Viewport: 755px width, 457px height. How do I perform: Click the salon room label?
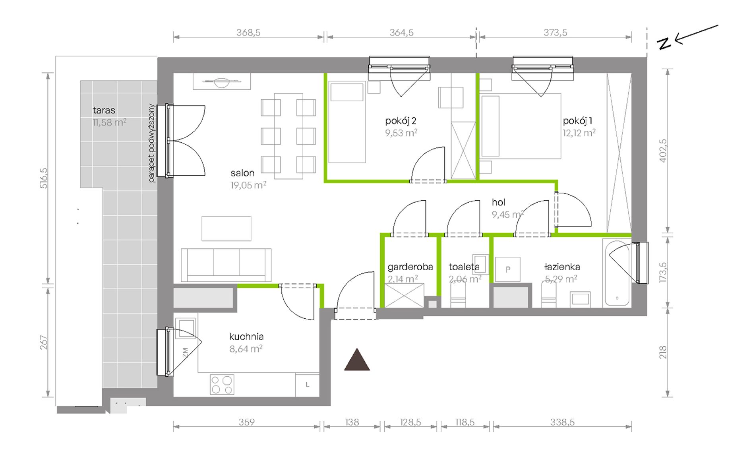coord(242,173)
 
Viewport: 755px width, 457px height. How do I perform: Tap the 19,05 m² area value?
coord(248,185)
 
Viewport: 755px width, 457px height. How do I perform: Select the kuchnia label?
coord(246,337)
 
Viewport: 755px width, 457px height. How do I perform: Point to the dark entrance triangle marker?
coord(357,360)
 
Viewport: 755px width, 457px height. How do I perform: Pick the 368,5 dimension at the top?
coord(248,33)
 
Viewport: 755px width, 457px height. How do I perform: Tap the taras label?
coord(104,110)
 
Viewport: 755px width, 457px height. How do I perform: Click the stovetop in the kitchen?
coord(222,385)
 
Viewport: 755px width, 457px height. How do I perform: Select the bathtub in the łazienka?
coord(617,273)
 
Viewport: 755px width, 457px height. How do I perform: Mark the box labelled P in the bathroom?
coord(508,269)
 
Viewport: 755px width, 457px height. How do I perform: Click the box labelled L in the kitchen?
coord(307,385)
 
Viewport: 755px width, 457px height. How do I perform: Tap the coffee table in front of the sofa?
coord(226,228)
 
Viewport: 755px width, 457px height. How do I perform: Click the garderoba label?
coord(410,267)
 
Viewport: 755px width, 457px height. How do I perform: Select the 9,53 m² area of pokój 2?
coord(401,133)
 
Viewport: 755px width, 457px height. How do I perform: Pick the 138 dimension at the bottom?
coord(352,422)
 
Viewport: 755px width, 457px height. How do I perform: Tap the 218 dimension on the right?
coord(663,352)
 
